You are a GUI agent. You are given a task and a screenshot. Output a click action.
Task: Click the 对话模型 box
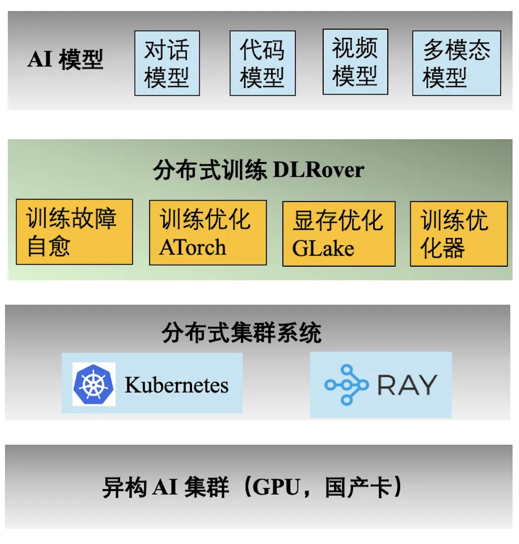pos(167,63)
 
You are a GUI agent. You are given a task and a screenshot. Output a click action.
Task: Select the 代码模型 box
pos(262,63)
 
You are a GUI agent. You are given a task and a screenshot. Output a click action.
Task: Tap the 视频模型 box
pos(355,62)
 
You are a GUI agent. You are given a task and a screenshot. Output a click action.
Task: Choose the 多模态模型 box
pos(456,63)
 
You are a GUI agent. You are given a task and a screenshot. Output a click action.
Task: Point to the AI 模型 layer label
pos(65,60)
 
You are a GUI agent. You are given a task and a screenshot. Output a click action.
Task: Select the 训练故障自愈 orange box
pos(74,232)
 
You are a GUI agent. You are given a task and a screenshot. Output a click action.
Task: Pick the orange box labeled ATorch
pos(208,233)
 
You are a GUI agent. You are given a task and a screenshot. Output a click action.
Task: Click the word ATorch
pos(192,247)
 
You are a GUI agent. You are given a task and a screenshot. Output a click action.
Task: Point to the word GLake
pos(323,248)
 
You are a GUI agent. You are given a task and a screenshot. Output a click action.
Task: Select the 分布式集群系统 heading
pos(242,334)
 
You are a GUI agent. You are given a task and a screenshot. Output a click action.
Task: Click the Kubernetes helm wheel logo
pos(94,384)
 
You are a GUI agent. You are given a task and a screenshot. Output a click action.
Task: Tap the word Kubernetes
pos(176,385)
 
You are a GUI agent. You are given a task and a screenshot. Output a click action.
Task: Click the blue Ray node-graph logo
pos(346,385)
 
